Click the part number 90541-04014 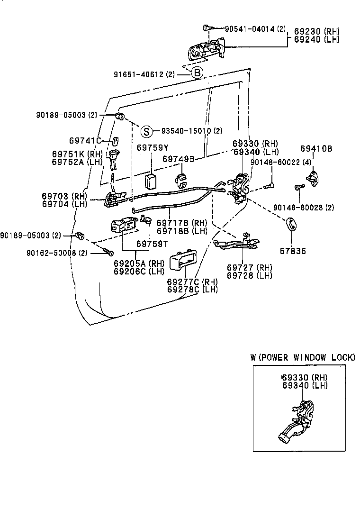point(250,29)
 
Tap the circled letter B point(197,73)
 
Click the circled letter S point(147,131)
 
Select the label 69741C point(84,140)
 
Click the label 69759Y point(153,148)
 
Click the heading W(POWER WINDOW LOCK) point(303,357)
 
